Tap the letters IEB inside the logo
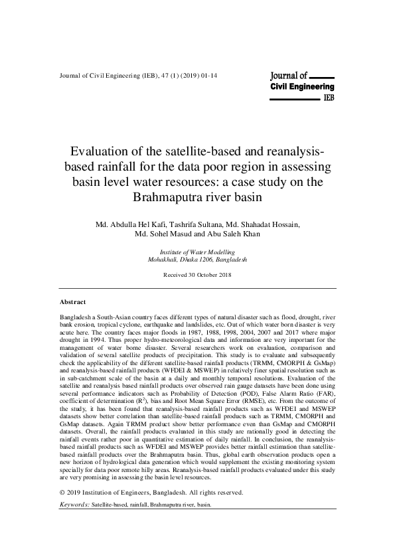pyautogui.click(x=328, y=97)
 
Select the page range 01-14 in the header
pyautogui.click(x=208, y=76)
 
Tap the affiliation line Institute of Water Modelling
pyautogui.click(x=198, y=253)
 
